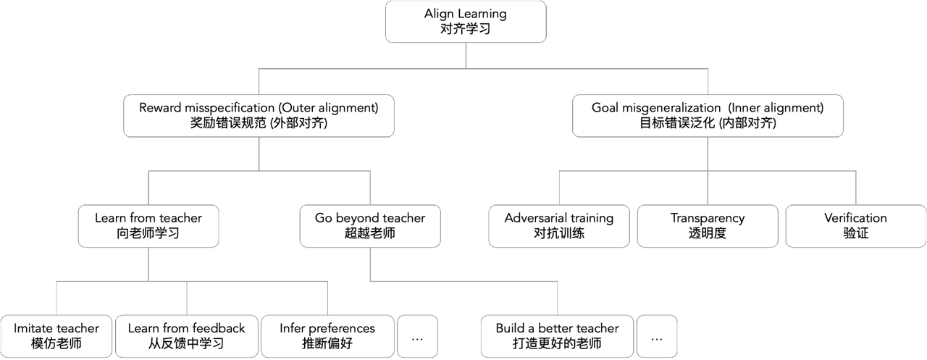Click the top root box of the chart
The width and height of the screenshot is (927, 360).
(x=465, y=22)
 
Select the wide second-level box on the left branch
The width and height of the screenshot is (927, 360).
(x=259, y=116)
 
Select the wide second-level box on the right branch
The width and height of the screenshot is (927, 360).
(x=708, y=116)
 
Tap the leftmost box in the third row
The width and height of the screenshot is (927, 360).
(x=148, y=226)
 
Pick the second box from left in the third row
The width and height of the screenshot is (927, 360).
(x=369, y=226)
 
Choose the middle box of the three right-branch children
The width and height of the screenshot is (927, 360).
(x=708, y=226)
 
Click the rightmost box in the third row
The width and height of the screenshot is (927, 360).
(x=855, y=226)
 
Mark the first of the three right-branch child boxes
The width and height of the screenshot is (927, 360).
(x=558, y=226)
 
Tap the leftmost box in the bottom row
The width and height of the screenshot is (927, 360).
(x=56, y=336)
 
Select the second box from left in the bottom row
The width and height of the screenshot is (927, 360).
(x=185, y=336)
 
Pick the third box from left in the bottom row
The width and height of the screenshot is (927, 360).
(x=328, y=336)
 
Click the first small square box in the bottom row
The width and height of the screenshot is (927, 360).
(x=417, y=336)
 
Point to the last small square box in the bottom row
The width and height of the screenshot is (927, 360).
(x=657, y=336)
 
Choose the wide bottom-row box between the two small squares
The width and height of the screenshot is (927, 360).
(x=556, y=336)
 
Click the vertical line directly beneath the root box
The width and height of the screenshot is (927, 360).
(x=465, y=55)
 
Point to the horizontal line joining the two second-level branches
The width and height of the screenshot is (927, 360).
(x=362, y=68)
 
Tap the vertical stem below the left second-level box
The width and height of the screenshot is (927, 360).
(x=259, y=154)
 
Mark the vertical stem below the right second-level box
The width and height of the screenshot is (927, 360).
(x=708, y=154)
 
